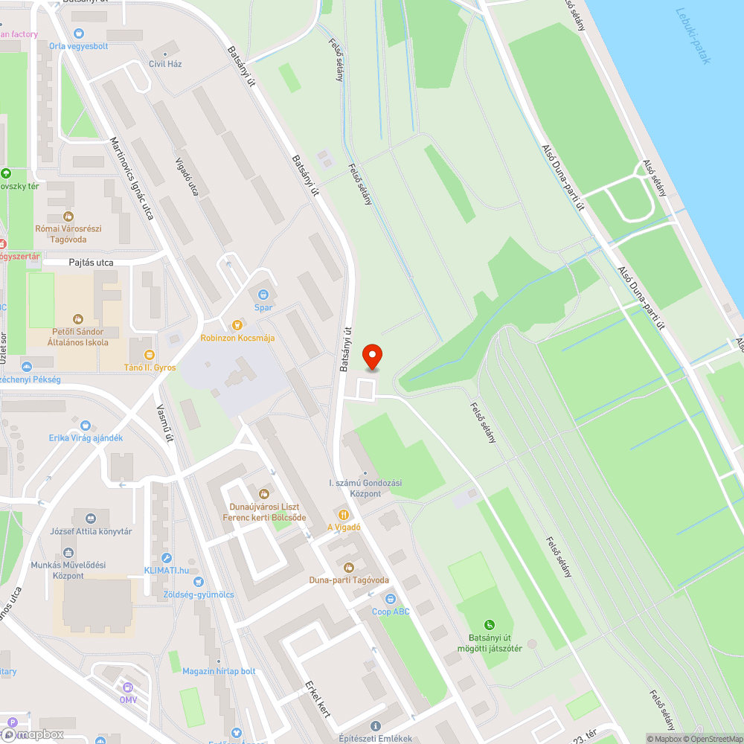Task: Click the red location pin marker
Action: (372, 358)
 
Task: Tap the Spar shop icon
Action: (263, 295)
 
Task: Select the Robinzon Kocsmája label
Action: (238, 338)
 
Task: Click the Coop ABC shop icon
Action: (390, 599)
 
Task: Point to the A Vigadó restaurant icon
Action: (343, 514)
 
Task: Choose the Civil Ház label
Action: (165, 64)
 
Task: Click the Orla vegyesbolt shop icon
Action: (79, 33)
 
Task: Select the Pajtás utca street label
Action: (91, 263)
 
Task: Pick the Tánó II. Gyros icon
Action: (149, 354)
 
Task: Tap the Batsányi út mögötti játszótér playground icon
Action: (489, 625)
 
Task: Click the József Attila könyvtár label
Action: (91, 531)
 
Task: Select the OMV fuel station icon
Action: (128, 687)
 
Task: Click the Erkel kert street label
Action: (317, 699)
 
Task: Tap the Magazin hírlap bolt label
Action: (219, 671)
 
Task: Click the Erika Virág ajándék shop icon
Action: (86, 426)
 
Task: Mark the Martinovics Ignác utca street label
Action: (132, 178)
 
